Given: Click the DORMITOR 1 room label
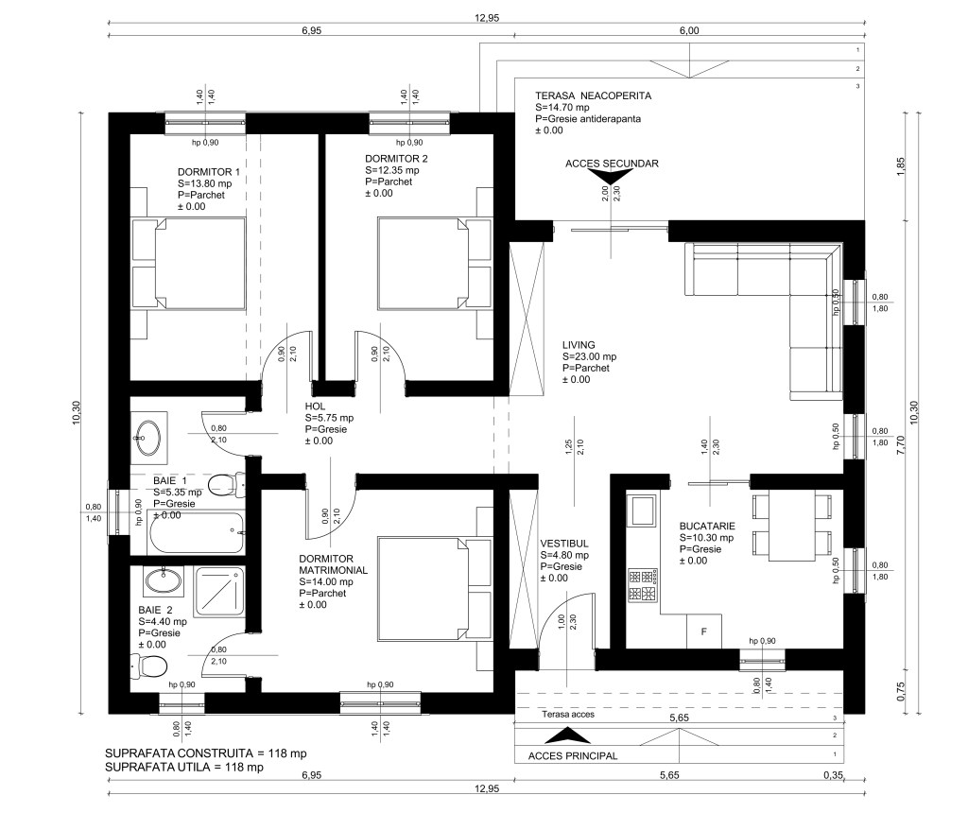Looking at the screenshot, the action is coord(209,172).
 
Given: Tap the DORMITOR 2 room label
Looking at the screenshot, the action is coord(396,159).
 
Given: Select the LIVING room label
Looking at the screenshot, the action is coord(579,345).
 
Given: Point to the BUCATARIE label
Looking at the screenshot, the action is coord(707,526).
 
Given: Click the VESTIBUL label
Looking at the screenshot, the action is coord(564,544).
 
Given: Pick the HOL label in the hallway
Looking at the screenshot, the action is coord(315,406).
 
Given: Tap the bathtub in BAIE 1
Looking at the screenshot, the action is coord(195,532).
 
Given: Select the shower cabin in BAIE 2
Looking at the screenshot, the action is coord(219,593).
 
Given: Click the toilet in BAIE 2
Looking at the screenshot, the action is coord(150,666).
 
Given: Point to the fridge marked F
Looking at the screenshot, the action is coord(703,631).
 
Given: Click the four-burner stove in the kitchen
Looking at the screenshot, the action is coord(643,586).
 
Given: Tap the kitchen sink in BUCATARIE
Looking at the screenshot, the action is coord(642,510).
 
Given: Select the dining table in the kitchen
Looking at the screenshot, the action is coord(792,526).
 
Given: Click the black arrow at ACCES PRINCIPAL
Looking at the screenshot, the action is coord(567,735).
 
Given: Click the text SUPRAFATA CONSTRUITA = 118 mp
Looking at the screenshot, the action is coord(205,753).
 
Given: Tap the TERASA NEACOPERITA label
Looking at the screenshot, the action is coord(593,95).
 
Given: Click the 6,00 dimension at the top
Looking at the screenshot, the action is coord(689,30).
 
